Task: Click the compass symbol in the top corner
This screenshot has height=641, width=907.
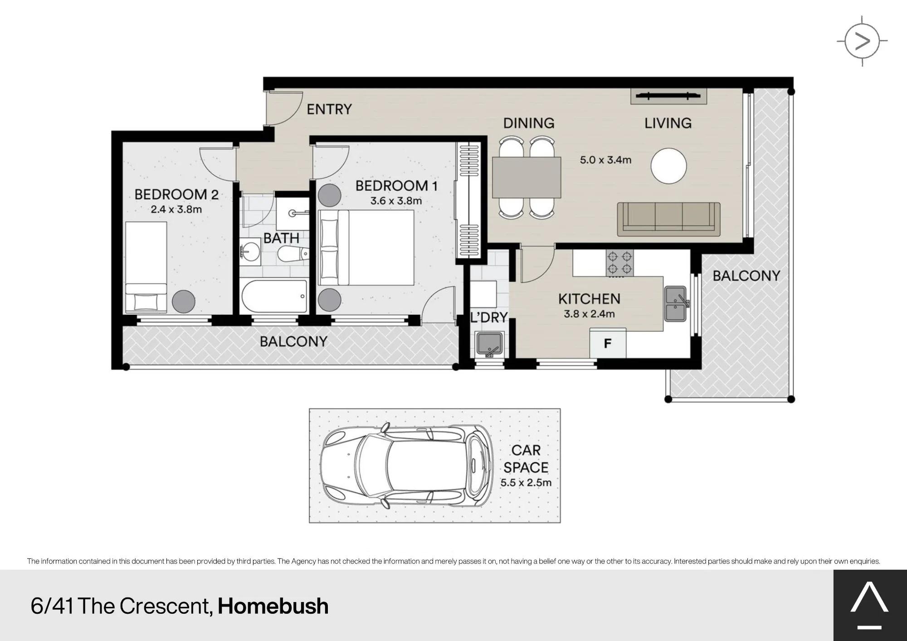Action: pos(862,41)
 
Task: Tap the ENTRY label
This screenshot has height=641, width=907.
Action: pos(329,109)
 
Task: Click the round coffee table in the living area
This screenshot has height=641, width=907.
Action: pos(668,166)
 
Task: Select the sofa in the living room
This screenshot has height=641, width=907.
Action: pos(668,219)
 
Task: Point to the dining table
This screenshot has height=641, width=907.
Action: pos(527,177)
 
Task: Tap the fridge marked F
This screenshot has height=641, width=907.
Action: pos(608,343)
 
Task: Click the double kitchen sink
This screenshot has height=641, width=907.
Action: pos(676,303)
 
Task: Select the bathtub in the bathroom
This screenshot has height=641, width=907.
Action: pos(274,296)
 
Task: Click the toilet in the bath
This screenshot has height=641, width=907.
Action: pos(293,254)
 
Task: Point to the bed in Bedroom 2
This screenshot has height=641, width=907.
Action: pos(146,267)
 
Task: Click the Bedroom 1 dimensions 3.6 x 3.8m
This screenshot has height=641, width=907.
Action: pos(396,201)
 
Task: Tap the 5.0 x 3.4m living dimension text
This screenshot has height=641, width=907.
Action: pos(605,160)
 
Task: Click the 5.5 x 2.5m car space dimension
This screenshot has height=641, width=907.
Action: pos(526,483)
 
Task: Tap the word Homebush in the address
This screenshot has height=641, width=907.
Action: pos(273,606)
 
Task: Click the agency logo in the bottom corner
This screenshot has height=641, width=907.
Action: pos(869,605)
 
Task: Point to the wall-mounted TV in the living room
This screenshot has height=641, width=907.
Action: pos(668,96)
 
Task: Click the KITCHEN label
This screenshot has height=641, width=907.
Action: pos(589,299)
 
